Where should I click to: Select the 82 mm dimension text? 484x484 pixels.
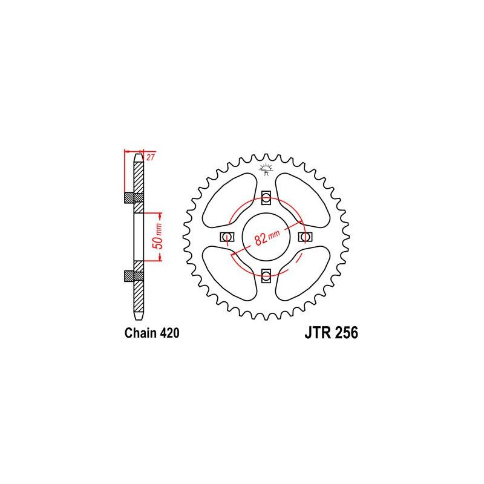tap(261, 236)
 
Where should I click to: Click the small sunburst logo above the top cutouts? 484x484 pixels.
tap(264, 168)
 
